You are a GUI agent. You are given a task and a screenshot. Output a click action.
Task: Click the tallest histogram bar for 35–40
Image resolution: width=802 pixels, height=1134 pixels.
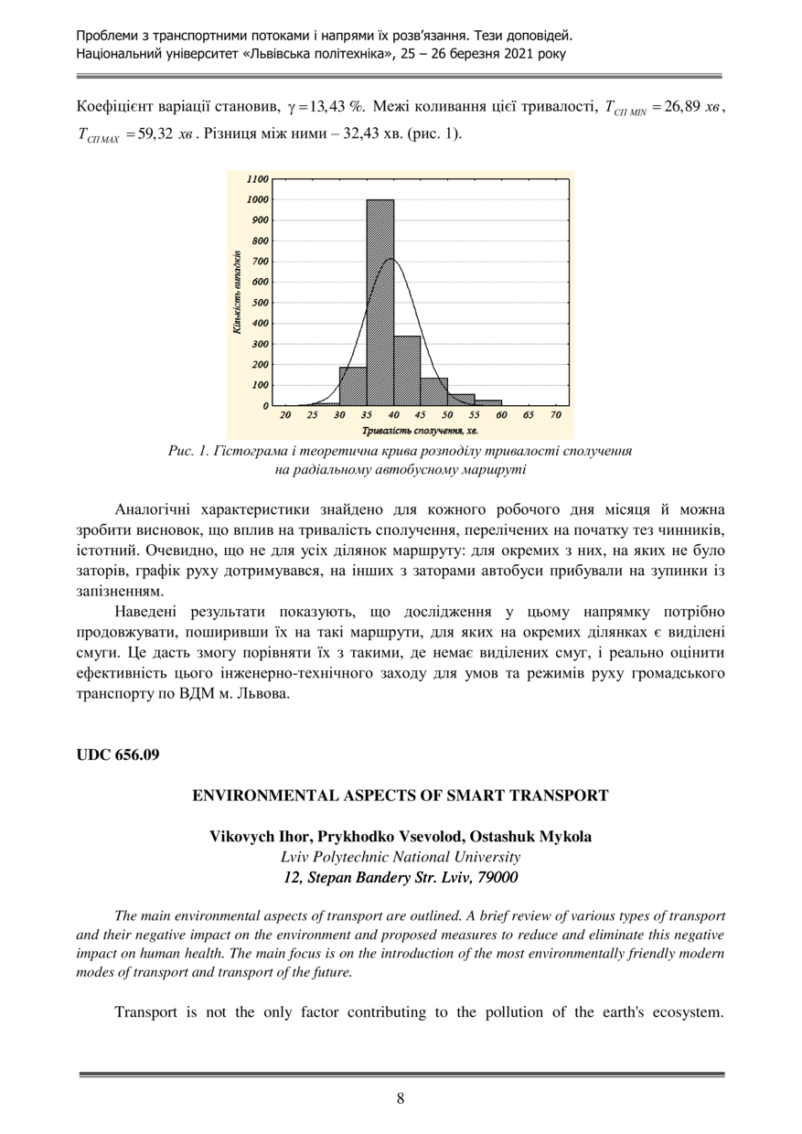click(x=380, y=302)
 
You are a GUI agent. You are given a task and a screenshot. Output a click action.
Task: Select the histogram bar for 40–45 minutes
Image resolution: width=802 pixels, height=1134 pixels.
click(x=407, y=370)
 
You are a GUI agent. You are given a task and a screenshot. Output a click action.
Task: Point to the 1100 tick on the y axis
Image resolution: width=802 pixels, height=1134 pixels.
click(x=257, y=178)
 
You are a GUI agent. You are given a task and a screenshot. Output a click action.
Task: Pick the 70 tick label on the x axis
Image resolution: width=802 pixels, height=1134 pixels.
click(x=555, y=415)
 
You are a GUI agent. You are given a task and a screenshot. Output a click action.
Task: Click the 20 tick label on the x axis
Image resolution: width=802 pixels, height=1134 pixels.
click(x=285, y=415)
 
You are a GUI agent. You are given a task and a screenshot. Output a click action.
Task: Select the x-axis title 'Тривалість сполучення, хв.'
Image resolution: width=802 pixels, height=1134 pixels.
click(x=420, y=429)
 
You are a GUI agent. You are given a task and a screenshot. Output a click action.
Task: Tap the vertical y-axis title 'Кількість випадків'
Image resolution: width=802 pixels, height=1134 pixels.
click(x=238, y=291)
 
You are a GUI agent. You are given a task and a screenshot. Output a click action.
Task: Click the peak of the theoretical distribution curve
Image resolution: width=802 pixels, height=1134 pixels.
click(x=391, y=259)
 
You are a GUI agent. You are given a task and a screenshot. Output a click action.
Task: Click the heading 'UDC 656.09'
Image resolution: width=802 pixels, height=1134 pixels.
click(x=117, y=754)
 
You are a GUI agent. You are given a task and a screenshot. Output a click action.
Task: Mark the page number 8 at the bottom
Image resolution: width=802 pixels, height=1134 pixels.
click(x=401, y=1098)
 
